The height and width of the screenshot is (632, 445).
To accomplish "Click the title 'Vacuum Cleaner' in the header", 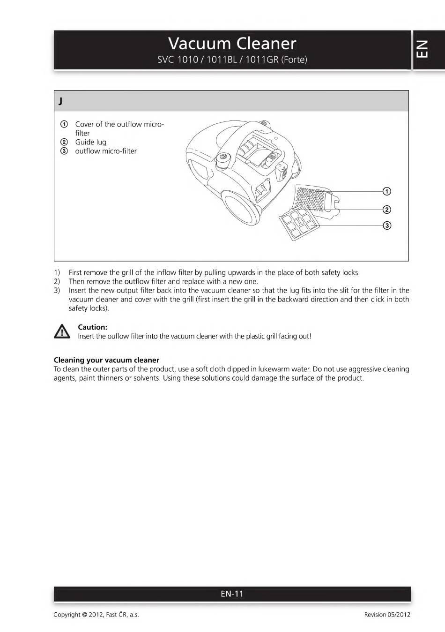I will pos(232,44).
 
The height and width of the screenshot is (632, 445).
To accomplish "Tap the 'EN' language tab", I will pos(422,49).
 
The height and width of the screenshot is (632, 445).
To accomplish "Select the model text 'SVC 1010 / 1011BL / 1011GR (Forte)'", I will pos(232,60).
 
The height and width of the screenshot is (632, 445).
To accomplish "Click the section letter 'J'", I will pos(61,101).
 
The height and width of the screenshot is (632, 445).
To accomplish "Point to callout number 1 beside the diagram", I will pos(387,191).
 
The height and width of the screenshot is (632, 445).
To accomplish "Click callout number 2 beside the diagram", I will pos(387,210).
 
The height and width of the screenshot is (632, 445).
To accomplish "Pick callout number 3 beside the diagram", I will pos(387,226).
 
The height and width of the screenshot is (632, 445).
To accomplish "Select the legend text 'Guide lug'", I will pos(90,142).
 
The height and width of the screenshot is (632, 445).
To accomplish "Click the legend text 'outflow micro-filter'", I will pos(106,151).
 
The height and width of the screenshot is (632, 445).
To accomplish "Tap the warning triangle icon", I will pos(62,331).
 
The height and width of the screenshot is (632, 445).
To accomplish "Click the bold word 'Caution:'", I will pos(92,327).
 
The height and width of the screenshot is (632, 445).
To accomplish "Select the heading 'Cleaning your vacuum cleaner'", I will pos(106,360).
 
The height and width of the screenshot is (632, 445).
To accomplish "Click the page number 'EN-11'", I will pos(232,594).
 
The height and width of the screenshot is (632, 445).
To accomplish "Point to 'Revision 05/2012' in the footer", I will pos(387,615).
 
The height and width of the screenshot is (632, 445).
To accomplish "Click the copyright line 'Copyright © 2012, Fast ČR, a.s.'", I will pos(96,615).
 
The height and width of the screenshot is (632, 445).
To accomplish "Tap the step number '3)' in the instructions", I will pos(57,290).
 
